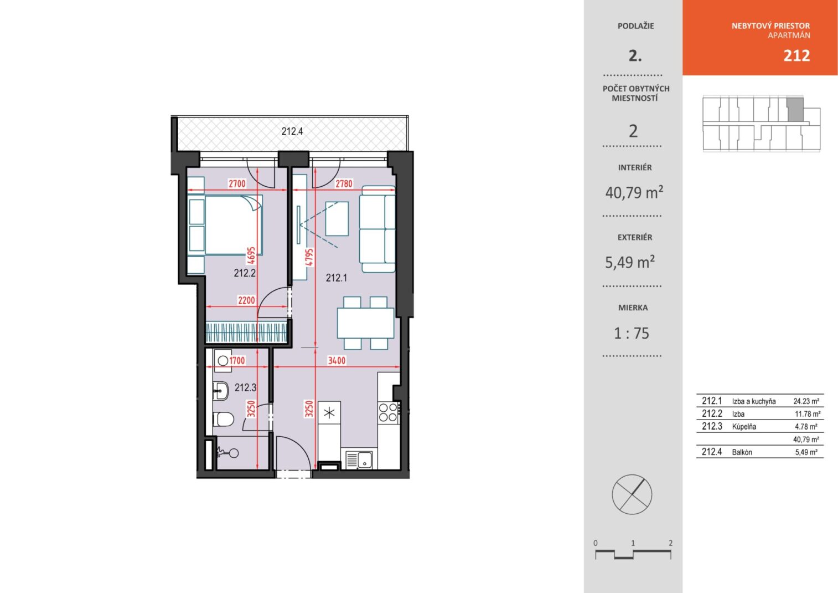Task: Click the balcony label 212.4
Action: [292, 131]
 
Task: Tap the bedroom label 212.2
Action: [245, 273]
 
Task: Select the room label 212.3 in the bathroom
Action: [245, 387]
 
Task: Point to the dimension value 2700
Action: [237, 183]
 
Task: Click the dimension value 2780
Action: [344, 183]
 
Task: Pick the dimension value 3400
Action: [337, 360]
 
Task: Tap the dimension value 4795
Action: [309, 257]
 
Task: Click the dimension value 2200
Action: [246, 300]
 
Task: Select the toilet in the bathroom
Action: [224, 419]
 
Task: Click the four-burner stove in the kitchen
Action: [389, 413]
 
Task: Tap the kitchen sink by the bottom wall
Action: [359, 460]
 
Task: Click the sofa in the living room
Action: [377, 229]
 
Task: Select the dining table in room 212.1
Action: [365, 323]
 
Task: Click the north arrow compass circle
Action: [632, 494]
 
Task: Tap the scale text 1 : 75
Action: [632, 334]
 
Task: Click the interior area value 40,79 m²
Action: [634, 192]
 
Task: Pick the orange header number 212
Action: [796, 56]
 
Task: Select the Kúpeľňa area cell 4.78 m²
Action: [806, 427]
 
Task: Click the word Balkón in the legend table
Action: [742, 452]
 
